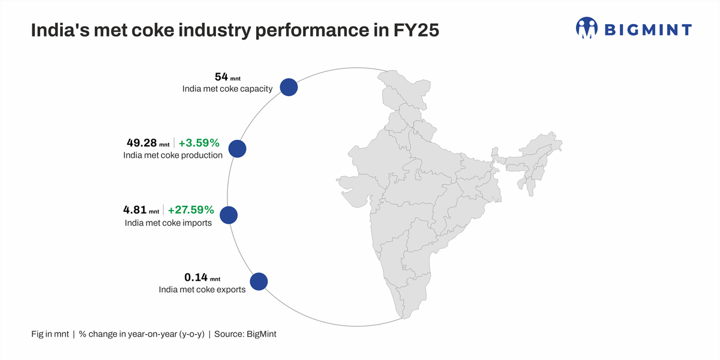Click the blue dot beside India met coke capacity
pyautogui.click(x=289, y=87)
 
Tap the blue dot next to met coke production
pyautogui.click(x=238, y=149)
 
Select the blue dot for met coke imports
pyautogui.click(x=229, y=215)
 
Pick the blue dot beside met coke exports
pyautogui.click(x=258, y=281)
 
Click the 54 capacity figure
pyautogui.click(x=221, y=77)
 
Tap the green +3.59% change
pyautogui.click(x=199, y=143)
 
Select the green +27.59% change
pyautogui.click(x=191, y=210)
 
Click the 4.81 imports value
pyautogui.click(x=135, y=210)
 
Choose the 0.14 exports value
pyautogui.click(x=196, y=277)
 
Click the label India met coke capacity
pyautogui.click(x=227, y=89)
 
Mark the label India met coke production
pyautogui.click(x=173, y=155)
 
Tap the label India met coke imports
pyautogui.click(x=168, y=223)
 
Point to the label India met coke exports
pyautogui.click(x=202, y=289)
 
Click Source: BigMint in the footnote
pyautogui.click(x=246, y=334)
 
